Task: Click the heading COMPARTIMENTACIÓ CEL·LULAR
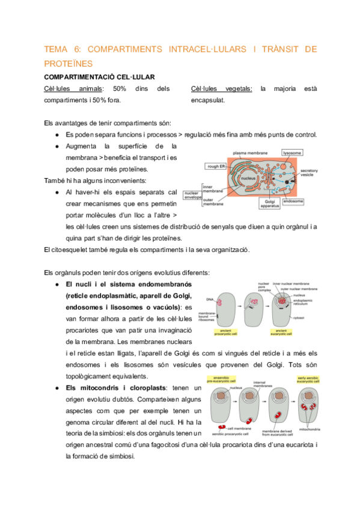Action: click(x=100, y=77)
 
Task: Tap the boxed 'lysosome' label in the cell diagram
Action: click(x=293, y=153)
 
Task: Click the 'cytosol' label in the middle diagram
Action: click(x=298, y=317)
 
